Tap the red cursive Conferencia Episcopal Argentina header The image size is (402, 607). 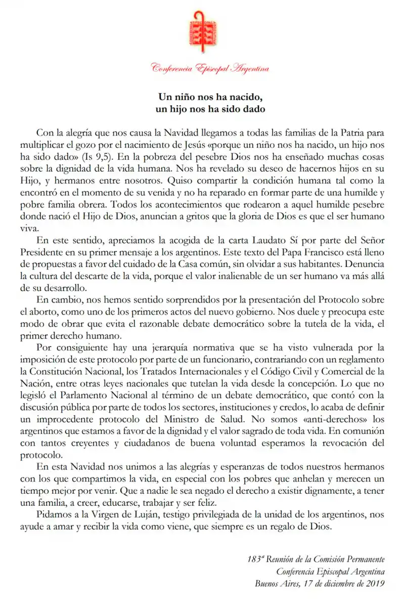tap(210, 69)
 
